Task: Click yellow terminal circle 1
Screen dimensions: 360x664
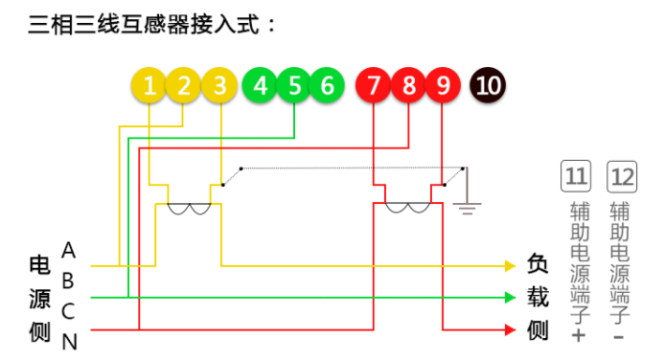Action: [x=149, y=86]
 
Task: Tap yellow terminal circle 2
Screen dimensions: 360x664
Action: [x=184, y=86]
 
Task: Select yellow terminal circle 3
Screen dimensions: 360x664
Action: [x=220, y=86]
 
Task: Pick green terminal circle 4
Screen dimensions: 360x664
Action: [x=260, y=86]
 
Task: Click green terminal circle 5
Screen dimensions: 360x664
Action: [x=294, y=86]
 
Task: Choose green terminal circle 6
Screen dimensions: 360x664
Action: [x=327, y=86]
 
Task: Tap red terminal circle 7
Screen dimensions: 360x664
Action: [x=374, y=86]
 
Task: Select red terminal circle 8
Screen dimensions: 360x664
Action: [x=409, y=86]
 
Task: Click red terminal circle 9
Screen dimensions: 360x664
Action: [x=443, y=86]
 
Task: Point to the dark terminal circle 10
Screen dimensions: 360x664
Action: [x=488, y=86]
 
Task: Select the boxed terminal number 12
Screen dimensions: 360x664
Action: [x=622, y=176]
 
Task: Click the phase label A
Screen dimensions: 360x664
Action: [x=68, y=251]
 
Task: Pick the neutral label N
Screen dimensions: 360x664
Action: [x=69, y=341]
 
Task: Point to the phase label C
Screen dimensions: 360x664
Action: [x=68, y=311]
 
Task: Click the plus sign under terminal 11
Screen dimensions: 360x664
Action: [x=578, y=336]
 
